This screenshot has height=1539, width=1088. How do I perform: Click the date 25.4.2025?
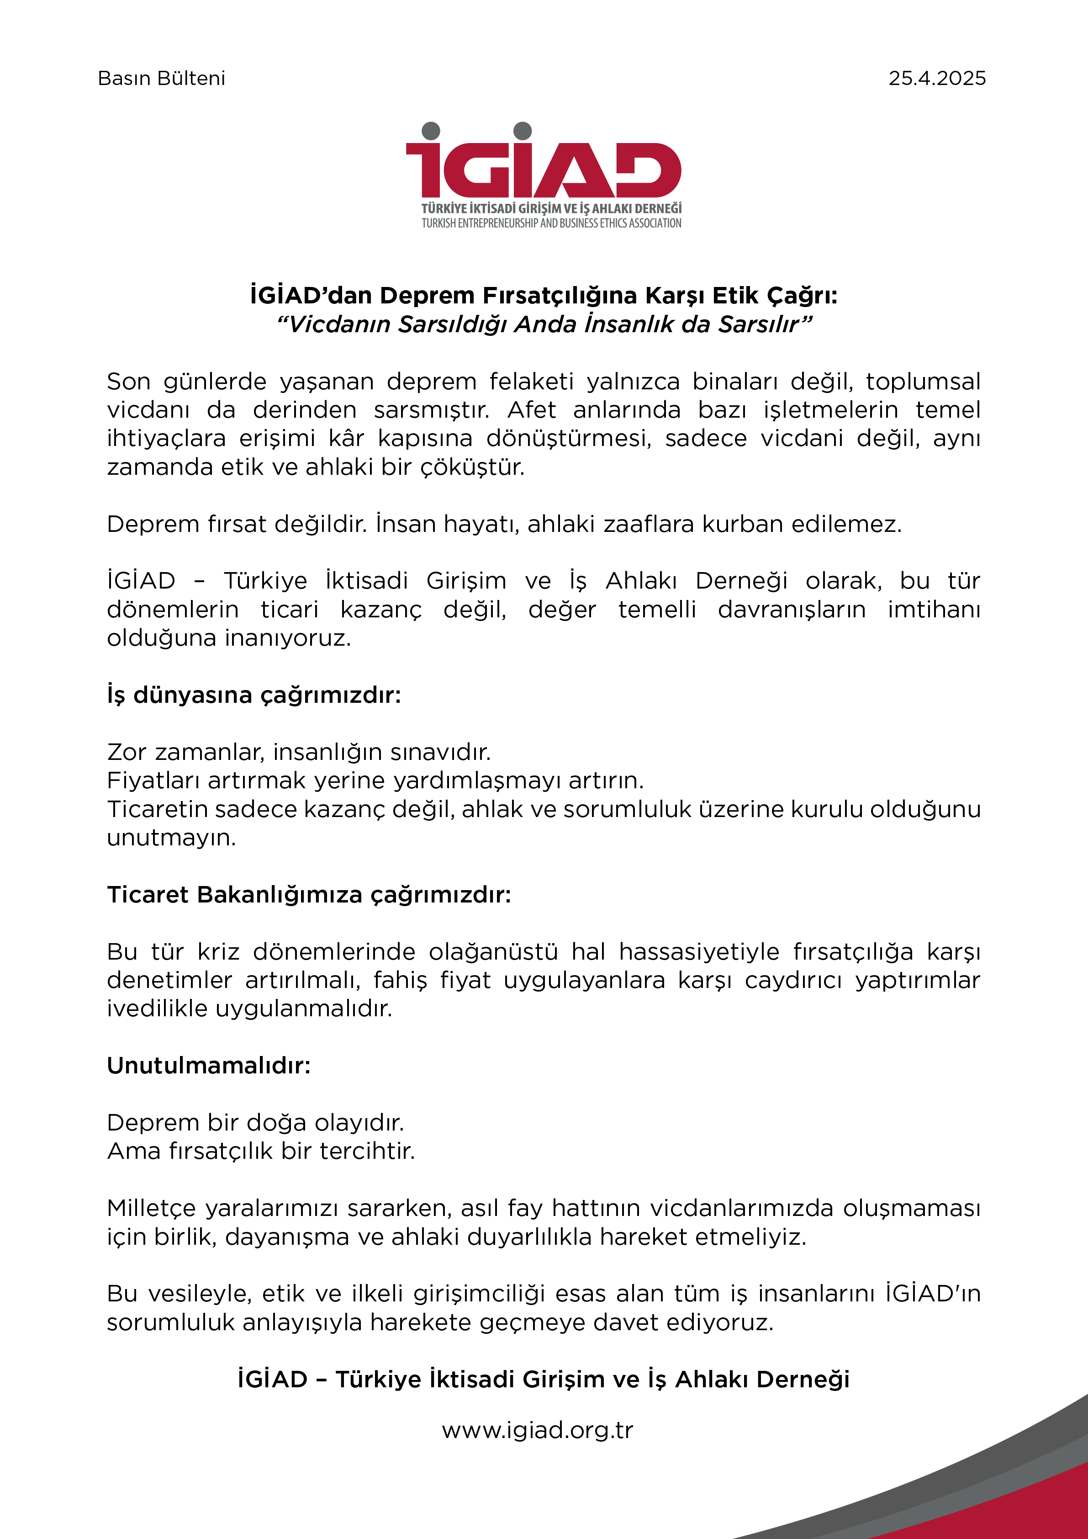(937, 79)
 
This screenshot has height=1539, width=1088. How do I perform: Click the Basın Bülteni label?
(161, 79)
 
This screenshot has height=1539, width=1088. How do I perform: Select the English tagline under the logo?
(551, 223)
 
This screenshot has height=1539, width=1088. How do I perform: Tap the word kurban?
(743, 524)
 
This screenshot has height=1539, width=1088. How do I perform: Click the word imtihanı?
(933, 609)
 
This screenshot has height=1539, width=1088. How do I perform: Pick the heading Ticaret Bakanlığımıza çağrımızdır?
(309, 894)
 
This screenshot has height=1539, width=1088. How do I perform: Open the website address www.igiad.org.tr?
(537, 1430)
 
